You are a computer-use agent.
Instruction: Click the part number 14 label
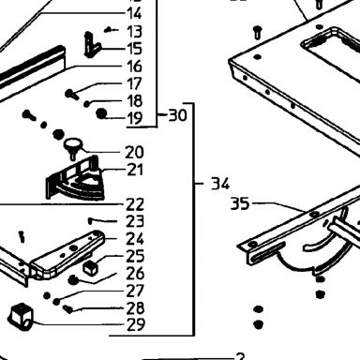tap(134, 14)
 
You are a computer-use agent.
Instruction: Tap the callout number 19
tap(135, 118)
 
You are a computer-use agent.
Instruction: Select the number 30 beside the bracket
tap(178, 115)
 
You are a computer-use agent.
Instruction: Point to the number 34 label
tap(220, 184)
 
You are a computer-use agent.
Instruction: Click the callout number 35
tap(240, 204)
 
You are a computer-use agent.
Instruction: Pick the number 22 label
tap(135, 204)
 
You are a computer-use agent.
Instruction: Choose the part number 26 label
tap(135, 274)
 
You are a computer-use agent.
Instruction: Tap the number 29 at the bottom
tap(136, 324)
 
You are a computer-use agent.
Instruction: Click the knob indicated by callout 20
tap(72, 148)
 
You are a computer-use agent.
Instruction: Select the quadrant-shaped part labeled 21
tap(75, 180)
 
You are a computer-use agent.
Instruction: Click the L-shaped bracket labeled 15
tap(91, 45)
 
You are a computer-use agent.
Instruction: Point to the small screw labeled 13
tap(109, 30)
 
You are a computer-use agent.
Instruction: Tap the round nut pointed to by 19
tap(100, 113)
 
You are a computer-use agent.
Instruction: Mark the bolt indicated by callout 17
tap(70, 94)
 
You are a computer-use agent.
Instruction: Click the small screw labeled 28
tap(68, 309)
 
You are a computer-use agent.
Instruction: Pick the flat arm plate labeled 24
tap(68, 253)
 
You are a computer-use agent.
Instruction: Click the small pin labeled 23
tap(90, 221)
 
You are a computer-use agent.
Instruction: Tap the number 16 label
tap(134, 67)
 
